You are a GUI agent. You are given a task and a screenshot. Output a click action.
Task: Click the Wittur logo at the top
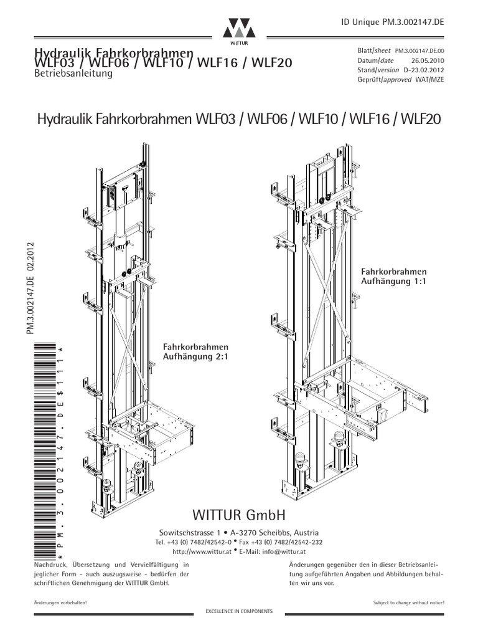(x=239, y=29)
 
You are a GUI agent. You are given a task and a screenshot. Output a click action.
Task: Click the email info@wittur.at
(x=276, y=551)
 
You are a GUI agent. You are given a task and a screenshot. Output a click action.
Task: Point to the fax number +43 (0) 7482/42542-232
(x=294, y=542)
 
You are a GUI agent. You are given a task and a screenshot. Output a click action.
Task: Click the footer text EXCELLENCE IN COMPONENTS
(x=239, y=612)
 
